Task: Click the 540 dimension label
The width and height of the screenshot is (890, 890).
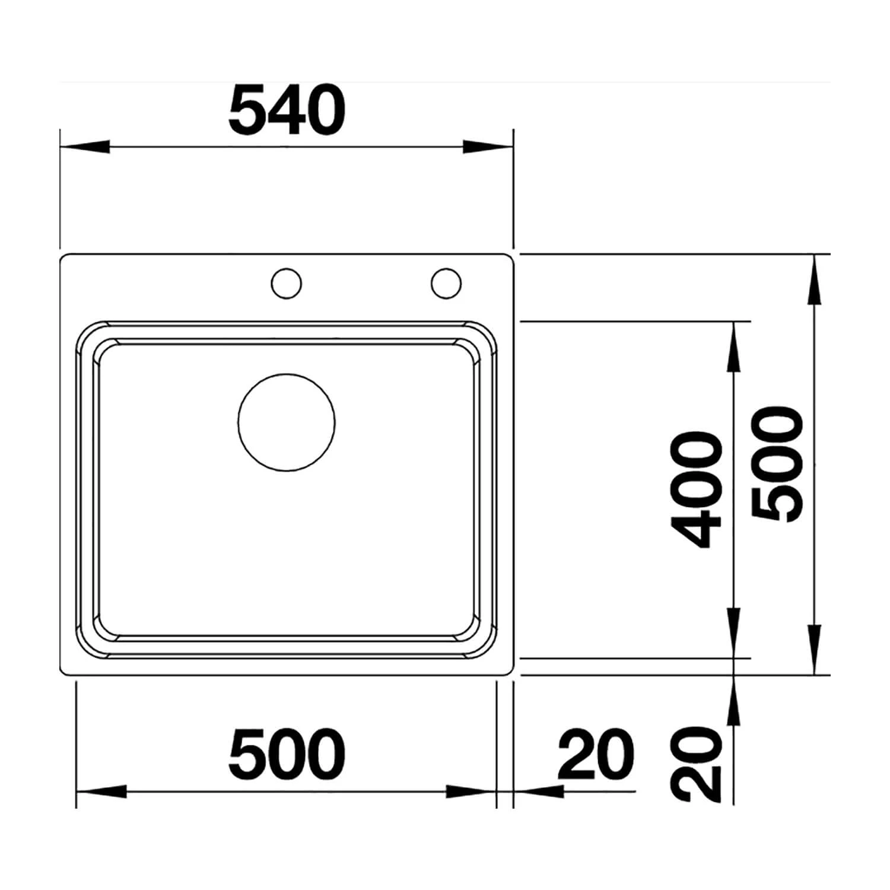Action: pos(287,110)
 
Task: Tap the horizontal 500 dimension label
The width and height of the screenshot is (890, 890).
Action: pos(287,754)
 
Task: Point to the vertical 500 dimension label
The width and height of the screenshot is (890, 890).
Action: pos(777,465)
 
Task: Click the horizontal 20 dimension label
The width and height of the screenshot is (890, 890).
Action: pos(596,754)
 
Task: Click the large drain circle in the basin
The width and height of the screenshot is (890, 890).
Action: pos(287,422)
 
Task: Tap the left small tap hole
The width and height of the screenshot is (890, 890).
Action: pos(287,283)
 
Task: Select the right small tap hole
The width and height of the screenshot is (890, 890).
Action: pos(446,283)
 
